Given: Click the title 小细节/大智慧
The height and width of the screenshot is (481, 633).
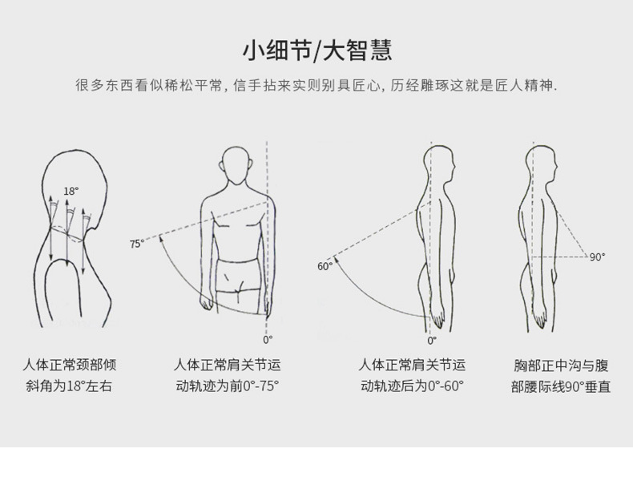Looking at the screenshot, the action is click(x=317, y=50).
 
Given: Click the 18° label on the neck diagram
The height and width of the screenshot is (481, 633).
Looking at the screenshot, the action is click(x=71, y=191).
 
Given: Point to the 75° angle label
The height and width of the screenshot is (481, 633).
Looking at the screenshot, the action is click(x=137, y=244).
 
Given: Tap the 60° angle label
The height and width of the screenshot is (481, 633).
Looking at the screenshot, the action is click(x=325, y=266).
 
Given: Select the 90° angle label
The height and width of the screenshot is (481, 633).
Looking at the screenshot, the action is click(x=598, y=257).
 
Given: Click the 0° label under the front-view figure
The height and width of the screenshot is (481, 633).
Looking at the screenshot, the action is click(x=268, y=340).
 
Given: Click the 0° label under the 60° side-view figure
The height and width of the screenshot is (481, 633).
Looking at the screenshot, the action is click(x=432, y=341).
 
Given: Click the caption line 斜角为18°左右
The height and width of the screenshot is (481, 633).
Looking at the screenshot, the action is click(x=69, y=386).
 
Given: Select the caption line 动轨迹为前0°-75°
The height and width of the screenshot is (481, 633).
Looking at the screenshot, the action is click(x=228, y=386).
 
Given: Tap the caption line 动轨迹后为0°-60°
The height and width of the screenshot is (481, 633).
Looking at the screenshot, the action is click(x=412, y=386).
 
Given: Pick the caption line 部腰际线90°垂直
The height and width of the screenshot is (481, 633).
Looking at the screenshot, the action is click(x=561, y=386).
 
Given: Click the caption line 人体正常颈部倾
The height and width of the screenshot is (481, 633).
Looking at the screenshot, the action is click(x=70, y=365).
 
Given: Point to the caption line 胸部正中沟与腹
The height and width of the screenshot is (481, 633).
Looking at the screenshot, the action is click(x=561, y=366).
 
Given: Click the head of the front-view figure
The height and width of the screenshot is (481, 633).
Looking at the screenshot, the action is click(x=236, y=165).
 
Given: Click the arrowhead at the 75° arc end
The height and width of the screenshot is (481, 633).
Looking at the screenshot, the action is click(x=161, y=239).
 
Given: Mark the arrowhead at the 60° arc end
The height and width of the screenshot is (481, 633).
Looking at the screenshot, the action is click(x=336, y=261).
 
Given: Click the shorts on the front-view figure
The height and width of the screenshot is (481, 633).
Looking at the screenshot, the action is click(x=237, y=275).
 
